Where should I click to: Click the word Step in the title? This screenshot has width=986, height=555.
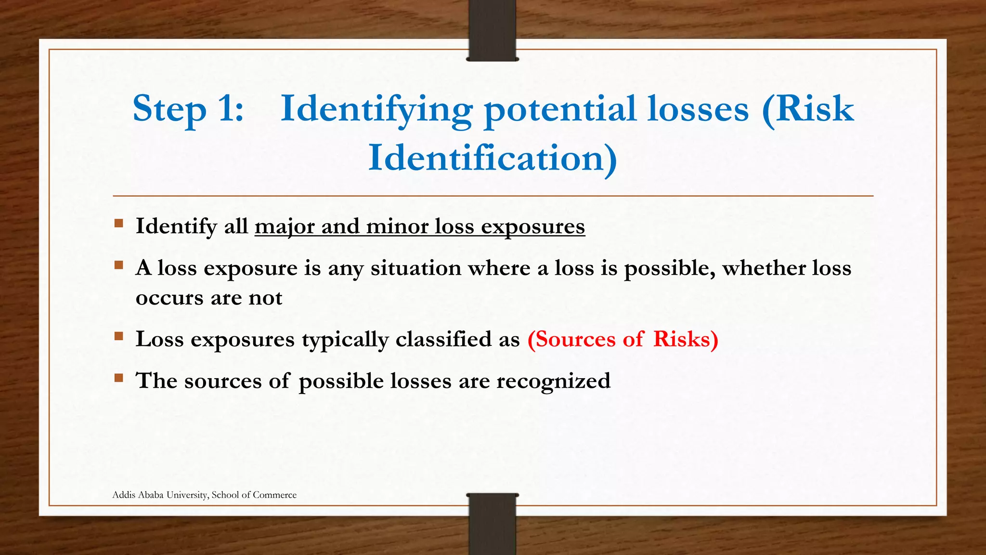(169, 109)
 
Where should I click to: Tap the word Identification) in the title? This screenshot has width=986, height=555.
(493, 159)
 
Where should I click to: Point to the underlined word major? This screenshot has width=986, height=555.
(285, 227)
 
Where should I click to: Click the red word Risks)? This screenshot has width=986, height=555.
(686, 339)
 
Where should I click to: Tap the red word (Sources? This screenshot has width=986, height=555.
(571, 339)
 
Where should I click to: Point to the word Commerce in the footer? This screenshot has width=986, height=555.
(274, 495)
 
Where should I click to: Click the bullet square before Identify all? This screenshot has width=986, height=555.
(119, 224)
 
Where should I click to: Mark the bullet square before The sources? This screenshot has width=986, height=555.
(119, 378)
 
